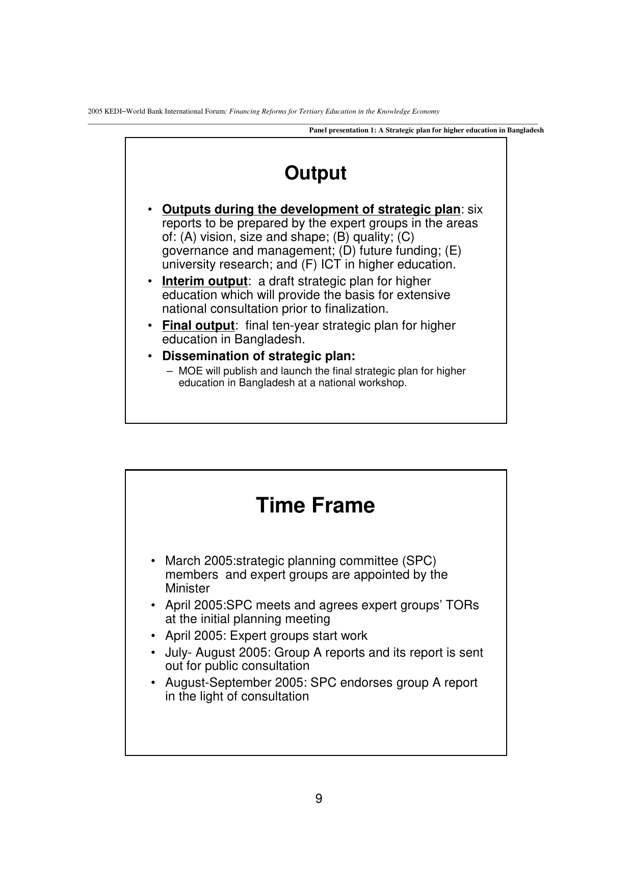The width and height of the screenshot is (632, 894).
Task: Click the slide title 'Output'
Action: pyautogui.click(x=315, y=173)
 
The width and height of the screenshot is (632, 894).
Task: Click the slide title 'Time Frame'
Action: pyautogui.click(x=315, y=505)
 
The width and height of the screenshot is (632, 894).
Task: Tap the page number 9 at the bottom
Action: pyautogui.click(x=319, y=799)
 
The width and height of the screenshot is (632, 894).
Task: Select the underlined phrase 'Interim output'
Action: pyautogui.click(x=204, y=281)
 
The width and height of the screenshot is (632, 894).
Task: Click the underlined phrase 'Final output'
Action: pyautogui.click(x=198, y=326)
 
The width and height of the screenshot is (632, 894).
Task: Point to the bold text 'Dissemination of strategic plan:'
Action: pyautogui.click(x=258, y=356)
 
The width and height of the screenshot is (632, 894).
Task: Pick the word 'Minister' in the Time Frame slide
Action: pyautogui.click(x=187, y=588)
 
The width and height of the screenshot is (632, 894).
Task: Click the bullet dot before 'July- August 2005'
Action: pyautogui.click(x=153, y=653)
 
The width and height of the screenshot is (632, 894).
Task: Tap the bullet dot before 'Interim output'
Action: pyautogui.click(x=150, y=281)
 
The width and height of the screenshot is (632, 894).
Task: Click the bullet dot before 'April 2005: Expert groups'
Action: pyautogui.click(x=153, y=636)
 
